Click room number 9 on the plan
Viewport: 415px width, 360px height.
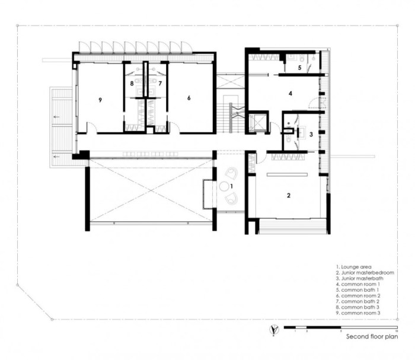coord(101,100)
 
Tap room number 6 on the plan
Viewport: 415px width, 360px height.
coord(189,98)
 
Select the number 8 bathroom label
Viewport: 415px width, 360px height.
coord(132,84)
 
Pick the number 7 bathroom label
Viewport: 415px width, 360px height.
coord(160,84)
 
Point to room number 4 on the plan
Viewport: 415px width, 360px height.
coord(290,93)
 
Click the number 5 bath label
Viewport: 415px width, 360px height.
coord(299,68)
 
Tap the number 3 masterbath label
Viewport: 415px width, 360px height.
coord(311,135)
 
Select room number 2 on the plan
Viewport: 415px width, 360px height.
coord(289,195)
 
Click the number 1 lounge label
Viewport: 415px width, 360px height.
coord(232,186)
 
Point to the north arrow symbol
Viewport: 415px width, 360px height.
coord(272,329)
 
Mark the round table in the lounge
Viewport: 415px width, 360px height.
coord(225,186)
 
